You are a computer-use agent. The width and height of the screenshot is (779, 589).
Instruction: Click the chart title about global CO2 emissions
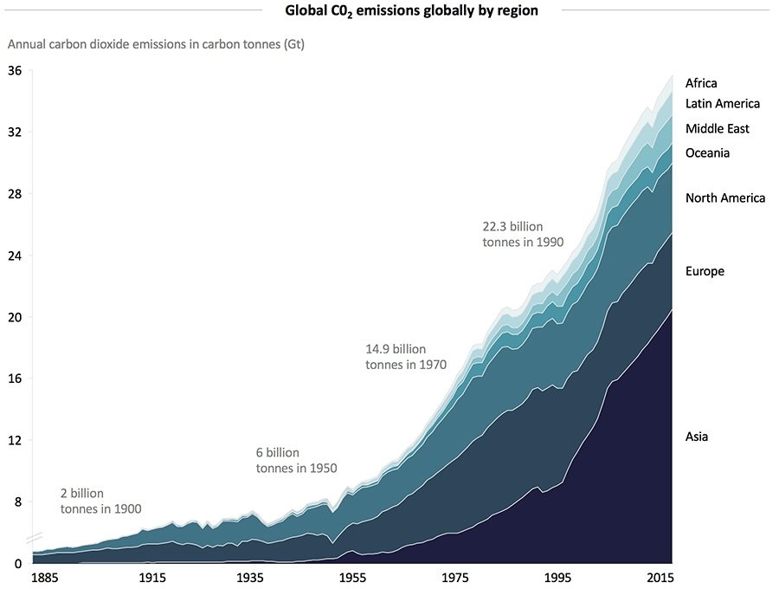411,11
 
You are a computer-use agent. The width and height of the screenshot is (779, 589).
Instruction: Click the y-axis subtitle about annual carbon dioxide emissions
156,43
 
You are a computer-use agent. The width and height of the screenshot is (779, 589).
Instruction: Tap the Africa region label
701,83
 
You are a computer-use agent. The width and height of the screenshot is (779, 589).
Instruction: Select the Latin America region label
723,104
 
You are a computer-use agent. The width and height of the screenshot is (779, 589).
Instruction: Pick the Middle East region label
718,129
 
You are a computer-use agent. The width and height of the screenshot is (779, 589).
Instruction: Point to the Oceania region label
708,153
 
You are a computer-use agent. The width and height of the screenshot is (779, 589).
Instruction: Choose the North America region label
725,198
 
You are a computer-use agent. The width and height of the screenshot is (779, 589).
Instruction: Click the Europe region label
705,271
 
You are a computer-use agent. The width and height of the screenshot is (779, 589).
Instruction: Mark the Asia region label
697,437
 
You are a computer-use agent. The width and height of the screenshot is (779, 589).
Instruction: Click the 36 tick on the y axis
15,71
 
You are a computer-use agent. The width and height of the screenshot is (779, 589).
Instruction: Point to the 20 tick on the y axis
15,317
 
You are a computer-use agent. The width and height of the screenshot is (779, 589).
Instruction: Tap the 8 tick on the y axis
16,502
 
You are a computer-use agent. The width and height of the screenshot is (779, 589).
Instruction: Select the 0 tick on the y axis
16,563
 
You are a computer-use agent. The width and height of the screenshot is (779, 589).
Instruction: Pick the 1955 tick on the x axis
351,578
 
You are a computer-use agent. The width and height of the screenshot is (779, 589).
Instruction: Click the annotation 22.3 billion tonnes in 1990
523,235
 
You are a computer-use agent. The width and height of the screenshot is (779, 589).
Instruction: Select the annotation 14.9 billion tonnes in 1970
406,357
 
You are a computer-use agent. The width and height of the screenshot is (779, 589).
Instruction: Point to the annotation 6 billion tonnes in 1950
296,460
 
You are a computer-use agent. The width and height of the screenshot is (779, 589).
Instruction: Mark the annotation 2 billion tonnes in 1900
100,501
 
